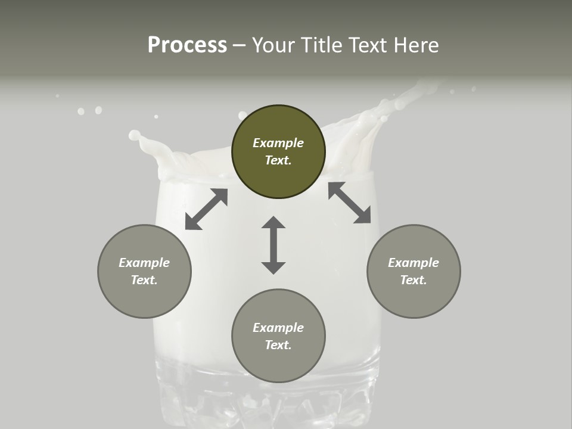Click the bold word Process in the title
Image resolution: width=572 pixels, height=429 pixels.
tap(187, 45)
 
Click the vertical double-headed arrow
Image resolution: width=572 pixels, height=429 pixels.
tap(273, 245)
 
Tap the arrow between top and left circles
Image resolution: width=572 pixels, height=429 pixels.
tap(206, 209)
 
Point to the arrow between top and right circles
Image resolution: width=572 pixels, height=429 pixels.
tap(349, 203)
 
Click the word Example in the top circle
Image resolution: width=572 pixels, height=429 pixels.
tap(278, 143)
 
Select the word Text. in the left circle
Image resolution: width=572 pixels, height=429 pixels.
tap(144, 280)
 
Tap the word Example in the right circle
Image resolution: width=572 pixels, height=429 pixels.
tap(414, 263)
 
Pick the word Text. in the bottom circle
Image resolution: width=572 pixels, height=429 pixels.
tap(278, 345)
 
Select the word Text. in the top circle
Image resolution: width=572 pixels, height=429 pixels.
tap(278, 160)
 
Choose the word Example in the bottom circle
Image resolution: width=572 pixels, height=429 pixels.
tap(278, 328)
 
